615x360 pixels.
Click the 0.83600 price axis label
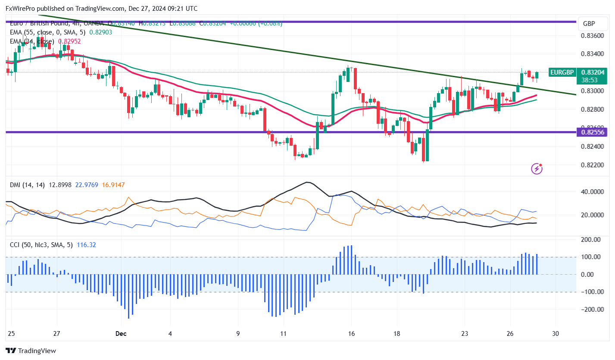click(x=593, y=35)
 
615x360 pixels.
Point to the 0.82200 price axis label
click(x=593, y=165)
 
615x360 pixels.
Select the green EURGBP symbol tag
click(x=562, y=72)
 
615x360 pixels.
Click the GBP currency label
click(x=589, y=24)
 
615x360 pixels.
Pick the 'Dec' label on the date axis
click(x=121, y=333)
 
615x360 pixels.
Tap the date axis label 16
click(x=351, y=333)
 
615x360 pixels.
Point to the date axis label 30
click(x=556, y=333)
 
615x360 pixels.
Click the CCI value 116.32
click(x=86, y=245)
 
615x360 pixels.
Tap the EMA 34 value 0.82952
click(x=69, y=41)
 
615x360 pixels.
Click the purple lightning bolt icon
click(x=537, y=168)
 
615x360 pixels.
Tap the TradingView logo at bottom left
click(x=31, y=351)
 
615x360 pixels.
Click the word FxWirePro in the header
click(x=21, y=8)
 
